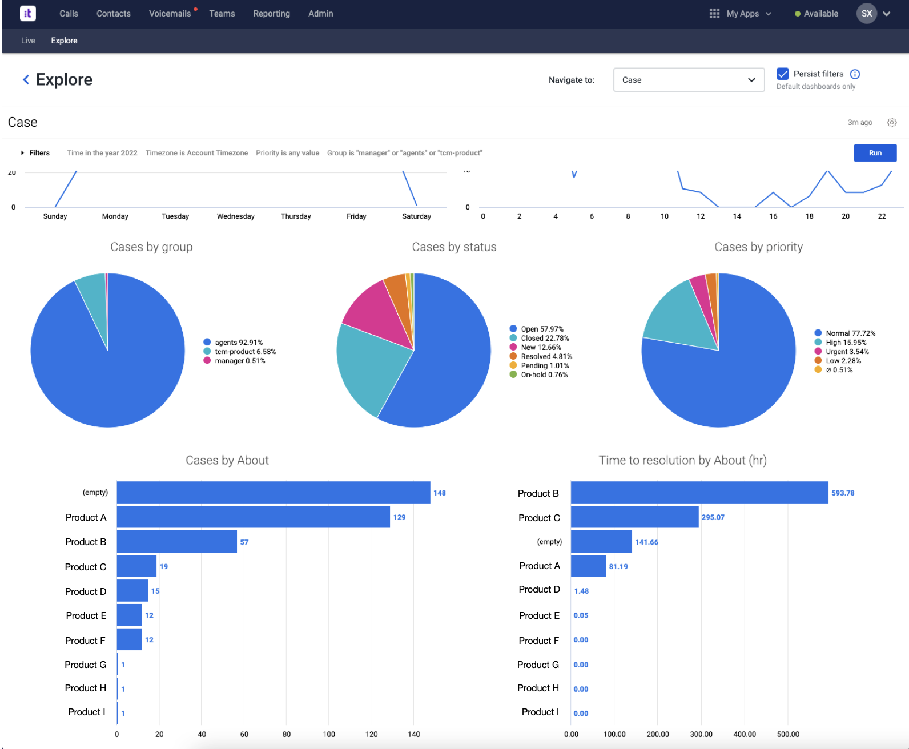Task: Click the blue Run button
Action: pyautogui.click(x=875, y=153)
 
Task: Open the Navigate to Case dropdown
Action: pyautogui.click(x=688, y=80)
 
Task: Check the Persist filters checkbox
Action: pyautogui.click(x=783, y=74)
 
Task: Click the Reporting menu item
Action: pyautogui.click(x=271, y=14)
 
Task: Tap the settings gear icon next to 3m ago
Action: pyautogui.click(x=892, y=123)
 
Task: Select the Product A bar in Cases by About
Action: pyautogui.click(x=253, y=517)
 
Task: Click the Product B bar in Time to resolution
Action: pyautogui.click(x=699, y=493)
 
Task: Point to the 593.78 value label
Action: pyautogui.click(x=843, y=493)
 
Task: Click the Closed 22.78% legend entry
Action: pyautogui.click(x=544, y=339)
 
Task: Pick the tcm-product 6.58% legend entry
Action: pyautogui.click(x=245, y=352)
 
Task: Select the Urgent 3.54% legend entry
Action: pyautogui.click(x=847, y=352)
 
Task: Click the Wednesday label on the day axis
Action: pyautogui.click(x=235, y=216)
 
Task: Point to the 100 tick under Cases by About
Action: pyautogui.click(x=329, y=735)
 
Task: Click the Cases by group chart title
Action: pyautogui.click(x=151, y=247)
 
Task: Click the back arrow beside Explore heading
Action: pyautogui.click(x=26, y=80)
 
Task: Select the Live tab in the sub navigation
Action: pyautogui.click(x=28, y=41)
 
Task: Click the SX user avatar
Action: pyautogui.click(x=866, y=14)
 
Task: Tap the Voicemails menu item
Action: pyautogui.click(x=170, y=14)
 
